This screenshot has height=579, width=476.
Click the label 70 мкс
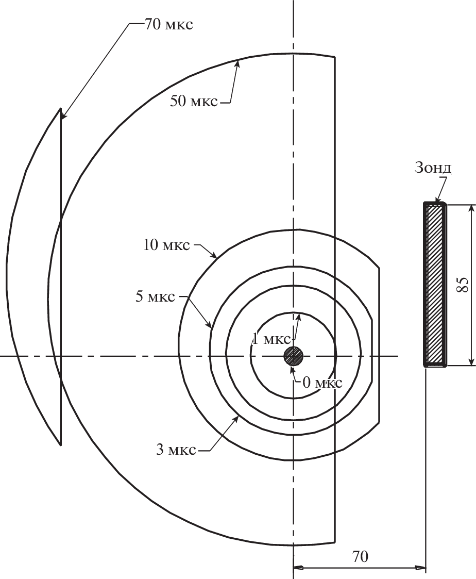[168, 25]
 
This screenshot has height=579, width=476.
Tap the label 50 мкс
[194, 101]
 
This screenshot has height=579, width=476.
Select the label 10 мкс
[166, 244]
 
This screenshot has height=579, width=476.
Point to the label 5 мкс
[155, 296]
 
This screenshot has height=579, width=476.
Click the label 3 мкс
[176, 450]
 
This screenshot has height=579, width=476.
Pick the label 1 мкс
[271, 339]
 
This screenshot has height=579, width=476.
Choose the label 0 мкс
[322, 383]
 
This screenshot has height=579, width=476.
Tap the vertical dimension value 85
[463, 284]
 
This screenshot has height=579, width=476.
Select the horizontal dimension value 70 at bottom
[360, 556]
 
